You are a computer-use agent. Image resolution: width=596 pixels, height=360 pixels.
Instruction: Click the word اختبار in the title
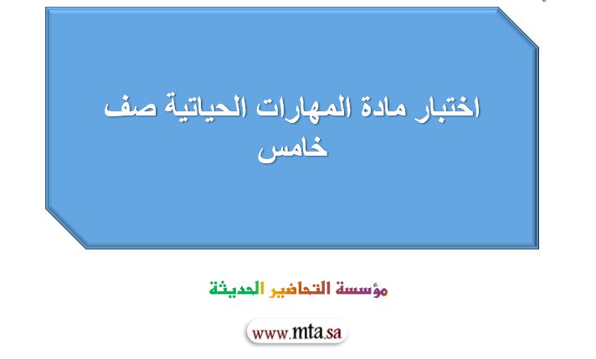tap(446, 109)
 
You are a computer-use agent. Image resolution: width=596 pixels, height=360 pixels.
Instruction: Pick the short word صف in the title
tap(130, 109)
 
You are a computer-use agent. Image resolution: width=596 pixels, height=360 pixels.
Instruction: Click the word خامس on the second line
tap(293, 149)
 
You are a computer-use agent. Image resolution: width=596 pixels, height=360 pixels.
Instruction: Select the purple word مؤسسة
tap(362, 290)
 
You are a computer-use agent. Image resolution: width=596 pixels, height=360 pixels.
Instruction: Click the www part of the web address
tap(270, 334)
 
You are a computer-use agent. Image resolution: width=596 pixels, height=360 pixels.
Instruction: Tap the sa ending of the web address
tap(334, 333)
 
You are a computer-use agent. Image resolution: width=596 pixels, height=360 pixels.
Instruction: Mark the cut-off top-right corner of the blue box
tap(517, 28)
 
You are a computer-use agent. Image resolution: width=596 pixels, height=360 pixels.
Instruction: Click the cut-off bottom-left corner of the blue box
tap(66, 228)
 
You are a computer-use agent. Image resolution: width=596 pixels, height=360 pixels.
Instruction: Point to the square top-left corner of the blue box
tap(46, 8)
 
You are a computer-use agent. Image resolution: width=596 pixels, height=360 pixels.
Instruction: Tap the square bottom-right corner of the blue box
tap(538, 249)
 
